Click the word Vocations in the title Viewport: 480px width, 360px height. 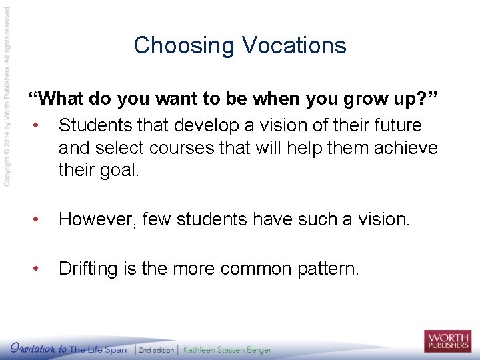pos(294,45)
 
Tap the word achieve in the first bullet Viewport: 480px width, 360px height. pos(406,147)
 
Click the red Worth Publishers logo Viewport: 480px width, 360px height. pos(447,341)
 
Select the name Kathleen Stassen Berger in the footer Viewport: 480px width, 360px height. pos(227,349)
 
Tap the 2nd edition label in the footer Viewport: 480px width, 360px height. pos(156,349)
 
